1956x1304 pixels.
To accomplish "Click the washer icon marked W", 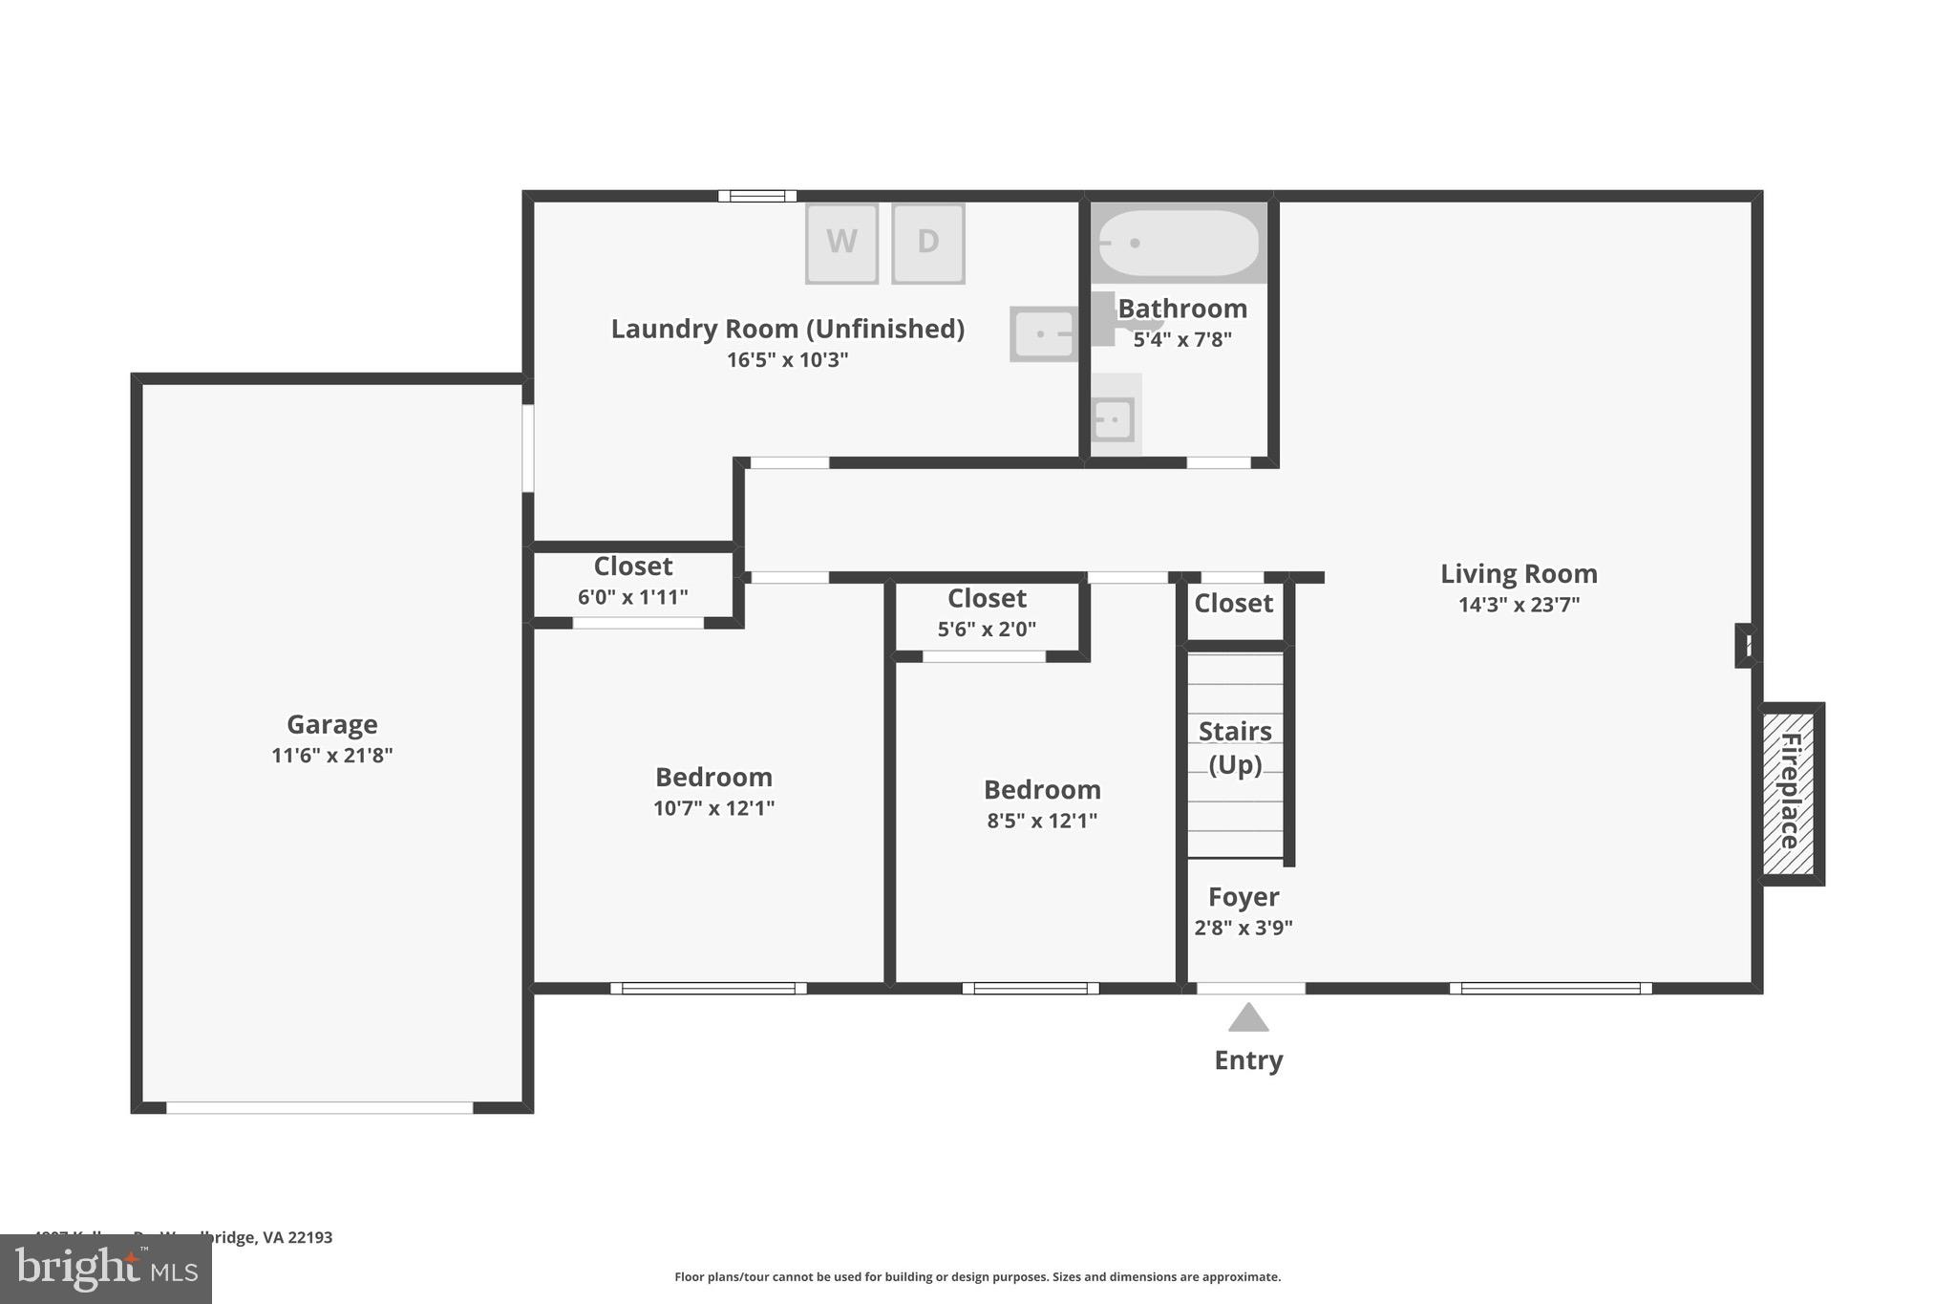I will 841,243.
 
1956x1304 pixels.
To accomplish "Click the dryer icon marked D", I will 927,243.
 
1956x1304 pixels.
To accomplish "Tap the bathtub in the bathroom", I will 1179,243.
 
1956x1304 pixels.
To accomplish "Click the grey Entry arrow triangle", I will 1248,1018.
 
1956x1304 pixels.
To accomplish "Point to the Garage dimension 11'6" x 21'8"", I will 331,756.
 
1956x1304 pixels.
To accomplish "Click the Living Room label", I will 1518,574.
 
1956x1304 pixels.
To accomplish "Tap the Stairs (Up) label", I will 1235,747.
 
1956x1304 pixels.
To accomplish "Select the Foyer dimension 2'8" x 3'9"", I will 1244,928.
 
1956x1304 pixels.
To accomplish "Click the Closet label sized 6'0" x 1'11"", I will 633,566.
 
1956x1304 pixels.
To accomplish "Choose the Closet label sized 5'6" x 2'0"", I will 987,599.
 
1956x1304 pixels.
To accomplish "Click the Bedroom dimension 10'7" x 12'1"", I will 713,808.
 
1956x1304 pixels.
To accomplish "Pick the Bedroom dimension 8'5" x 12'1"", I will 1042,821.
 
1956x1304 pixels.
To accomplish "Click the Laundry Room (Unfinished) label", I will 787,329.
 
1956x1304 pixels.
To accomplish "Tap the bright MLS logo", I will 106,1270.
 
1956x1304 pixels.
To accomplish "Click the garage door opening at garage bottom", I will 319,1107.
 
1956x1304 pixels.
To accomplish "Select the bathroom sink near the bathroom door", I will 1114,418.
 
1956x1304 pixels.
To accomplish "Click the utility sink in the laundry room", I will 1042,334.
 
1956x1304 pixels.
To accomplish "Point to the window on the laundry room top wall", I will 757,196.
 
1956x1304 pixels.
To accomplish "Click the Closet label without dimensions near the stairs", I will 1233,604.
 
